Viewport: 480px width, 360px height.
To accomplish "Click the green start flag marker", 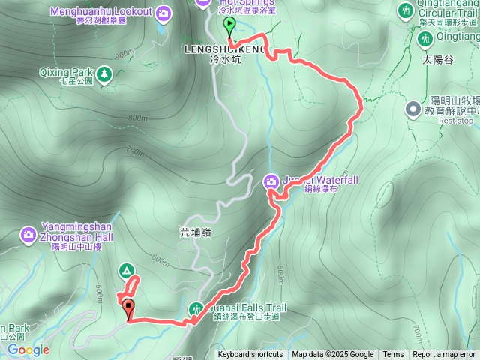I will click(229, 26).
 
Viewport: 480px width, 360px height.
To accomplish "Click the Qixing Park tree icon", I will click(103, 73).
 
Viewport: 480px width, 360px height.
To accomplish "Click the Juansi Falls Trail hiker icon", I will click(196, 308).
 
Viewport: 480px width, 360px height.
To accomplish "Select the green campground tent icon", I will click(126, 270).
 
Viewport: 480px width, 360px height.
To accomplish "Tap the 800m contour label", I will click(138, 118).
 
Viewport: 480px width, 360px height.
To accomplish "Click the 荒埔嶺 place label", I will click(196, 232).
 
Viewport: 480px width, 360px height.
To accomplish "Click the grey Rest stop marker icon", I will click(413, 110).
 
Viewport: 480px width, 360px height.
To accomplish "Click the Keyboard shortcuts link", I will click(250, 355).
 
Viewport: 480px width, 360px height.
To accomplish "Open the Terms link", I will click(393, 355).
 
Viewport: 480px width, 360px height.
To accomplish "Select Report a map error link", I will click(444, 355).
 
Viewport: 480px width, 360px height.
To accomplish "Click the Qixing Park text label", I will click(64, 73).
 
